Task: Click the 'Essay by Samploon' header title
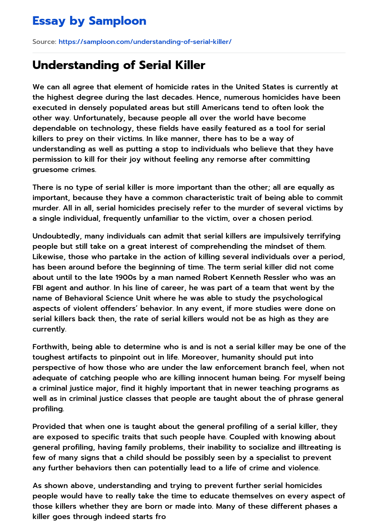click(x=89, y=21)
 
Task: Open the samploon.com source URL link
click(x=145, y=42)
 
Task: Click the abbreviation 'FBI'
click(x=39, y=288)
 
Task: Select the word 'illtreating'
click(x=320, y=447)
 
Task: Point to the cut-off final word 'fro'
click(x=161, y=517)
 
